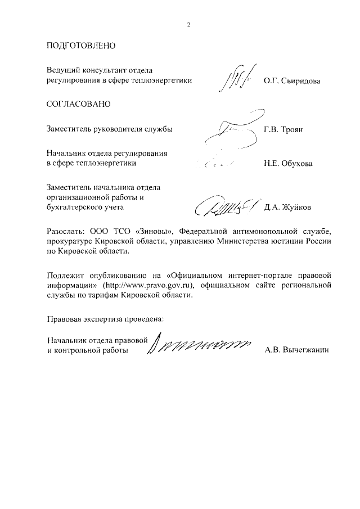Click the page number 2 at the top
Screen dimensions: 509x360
(x=189, y=24)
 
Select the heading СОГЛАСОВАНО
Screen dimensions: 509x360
(x=79, y=105)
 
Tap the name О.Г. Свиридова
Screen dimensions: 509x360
(x=292, y=82)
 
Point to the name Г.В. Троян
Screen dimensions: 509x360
(x=283, y=129)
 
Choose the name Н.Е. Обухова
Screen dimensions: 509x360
(x=288, y=165)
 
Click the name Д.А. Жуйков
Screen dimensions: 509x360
(x=287, y=207)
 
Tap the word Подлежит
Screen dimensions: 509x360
(x=65, y=276)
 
